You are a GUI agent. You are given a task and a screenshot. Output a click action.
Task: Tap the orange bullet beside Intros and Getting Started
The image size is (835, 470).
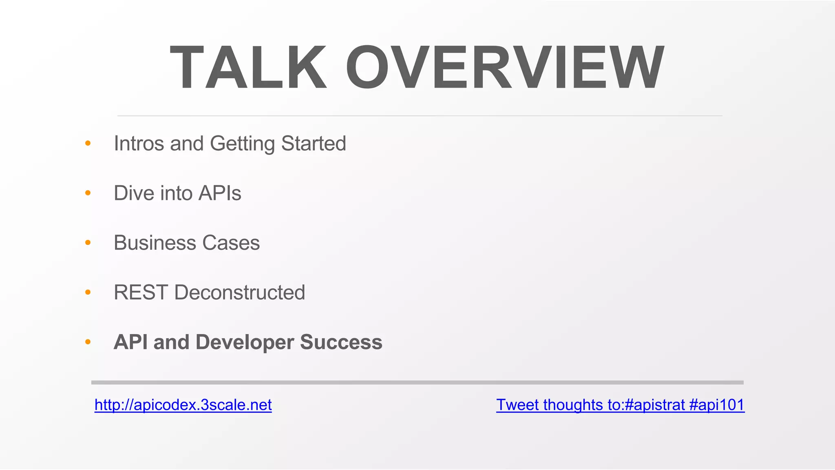coord(88,143)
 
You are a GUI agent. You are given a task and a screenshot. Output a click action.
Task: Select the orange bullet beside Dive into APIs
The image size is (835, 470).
coord(88,193)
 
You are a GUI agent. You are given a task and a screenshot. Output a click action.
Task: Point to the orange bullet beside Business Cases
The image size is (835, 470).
coord(88,243)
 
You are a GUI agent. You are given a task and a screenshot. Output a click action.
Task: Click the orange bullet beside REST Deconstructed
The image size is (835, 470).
coord(88,292)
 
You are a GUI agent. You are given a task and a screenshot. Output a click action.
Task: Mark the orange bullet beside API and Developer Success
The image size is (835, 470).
coord(88,342)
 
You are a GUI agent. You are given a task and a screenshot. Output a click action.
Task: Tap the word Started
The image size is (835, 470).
coord(313,144)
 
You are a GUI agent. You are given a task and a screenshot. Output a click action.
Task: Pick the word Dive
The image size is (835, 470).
coord(134,193)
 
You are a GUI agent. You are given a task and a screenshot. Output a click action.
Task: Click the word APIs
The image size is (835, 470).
coord(219,193)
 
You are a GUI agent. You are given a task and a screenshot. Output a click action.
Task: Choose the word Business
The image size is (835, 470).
coord(155,243)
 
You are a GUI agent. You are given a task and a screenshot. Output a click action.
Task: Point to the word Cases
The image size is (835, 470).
coord(231,243)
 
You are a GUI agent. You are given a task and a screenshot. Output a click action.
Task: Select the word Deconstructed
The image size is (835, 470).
coord(239,293)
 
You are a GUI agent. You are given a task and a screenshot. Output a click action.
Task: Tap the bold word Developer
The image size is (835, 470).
coord(245,342)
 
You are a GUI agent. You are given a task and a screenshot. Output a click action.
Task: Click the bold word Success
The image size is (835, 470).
coord(341,342)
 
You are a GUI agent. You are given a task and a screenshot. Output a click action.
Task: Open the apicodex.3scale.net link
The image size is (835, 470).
coord(183,405)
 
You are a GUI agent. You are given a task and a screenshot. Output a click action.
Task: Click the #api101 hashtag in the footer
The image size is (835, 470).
coord(716,405)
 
